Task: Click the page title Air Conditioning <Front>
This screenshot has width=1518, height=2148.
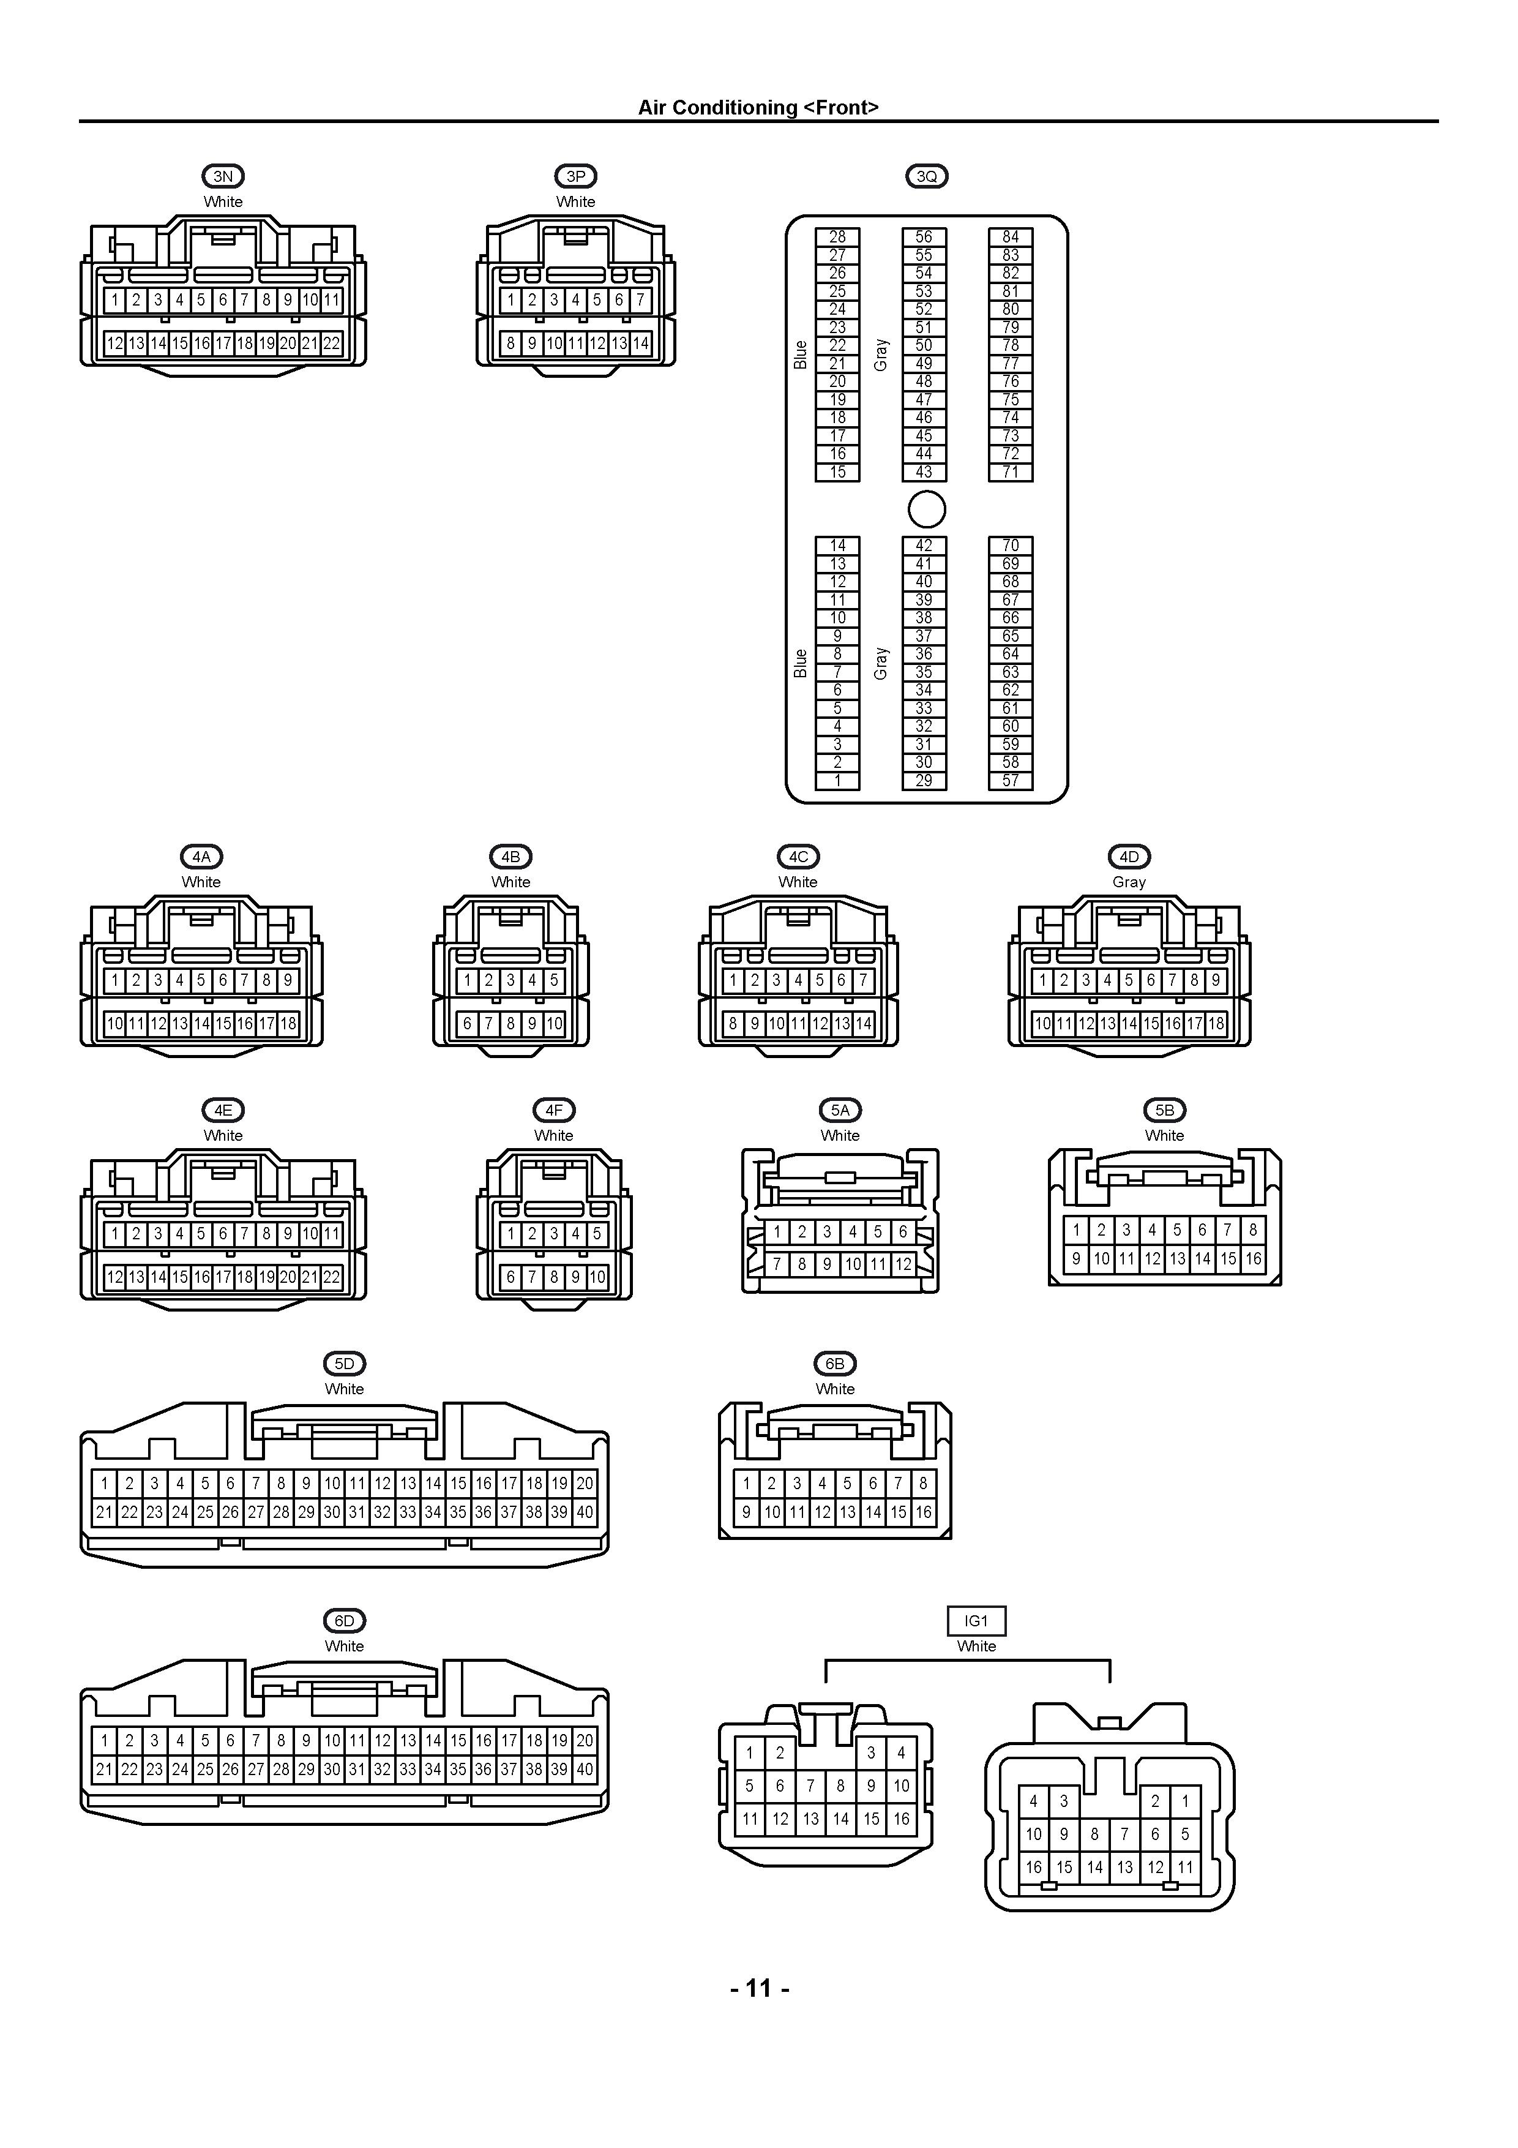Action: (x=758, y=108)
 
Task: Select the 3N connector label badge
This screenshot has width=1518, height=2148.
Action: (x=223, y=176)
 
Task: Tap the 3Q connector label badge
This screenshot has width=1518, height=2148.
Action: (x=927, y=176)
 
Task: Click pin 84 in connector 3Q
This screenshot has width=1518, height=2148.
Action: (x=1011, y=237)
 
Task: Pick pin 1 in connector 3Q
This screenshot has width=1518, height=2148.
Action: (x=837, y=780)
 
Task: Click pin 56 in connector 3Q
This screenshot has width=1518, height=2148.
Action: (x=924, y=237)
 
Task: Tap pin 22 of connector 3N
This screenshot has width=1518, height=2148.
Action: (x=332, y=344)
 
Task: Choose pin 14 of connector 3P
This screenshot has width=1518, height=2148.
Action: (x=641, y=344)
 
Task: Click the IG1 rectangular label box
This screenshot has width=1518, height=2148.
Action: (x=976, y=1620)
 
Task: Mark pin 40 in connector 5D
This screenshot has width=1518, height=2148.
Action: (x=585, y=1512)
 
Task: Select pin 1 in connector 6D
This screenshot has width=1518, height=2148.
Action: (x=105, y=1740)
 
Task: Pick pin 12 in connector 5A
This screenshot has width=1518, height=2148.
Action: (x=903, y=1264)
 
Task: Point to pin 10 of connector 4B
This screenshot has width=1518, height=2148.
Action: (x=555, y=1023)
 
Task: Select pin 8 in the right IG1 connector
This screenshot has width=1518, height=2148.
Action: (x=1094, y=1834)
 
